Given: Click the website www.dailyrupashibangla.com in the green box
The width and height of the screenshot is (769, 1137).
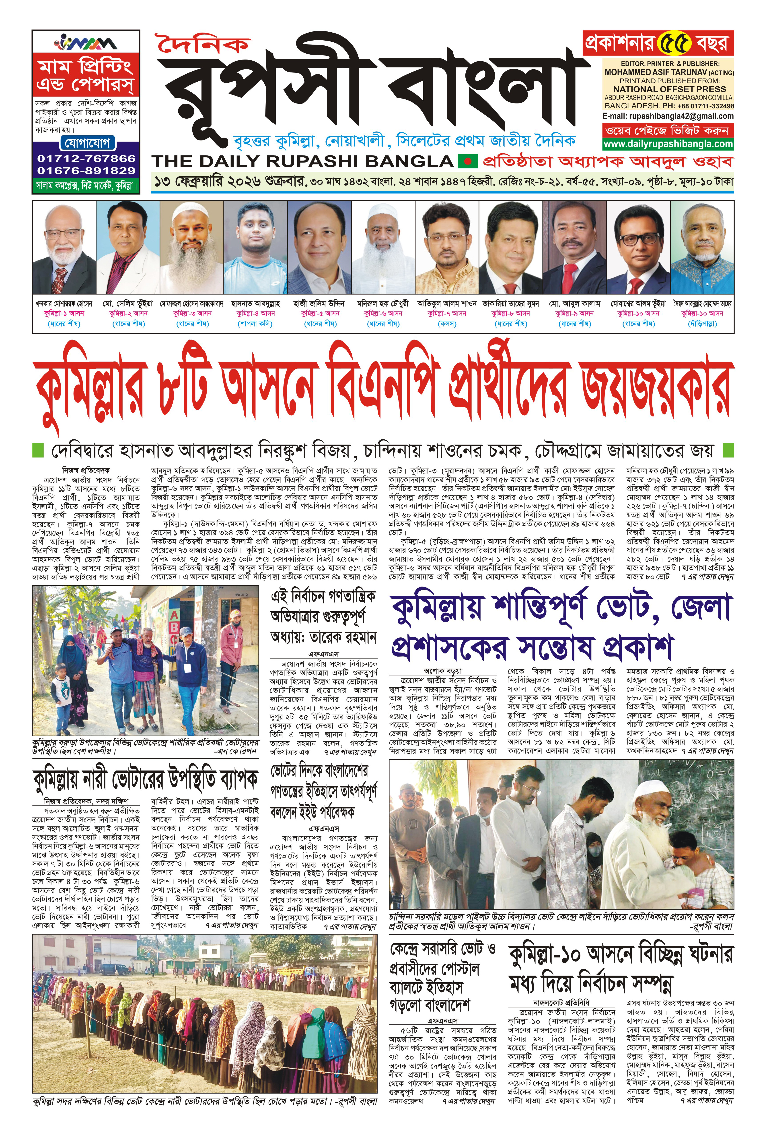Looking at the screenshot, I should [668, 144].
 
